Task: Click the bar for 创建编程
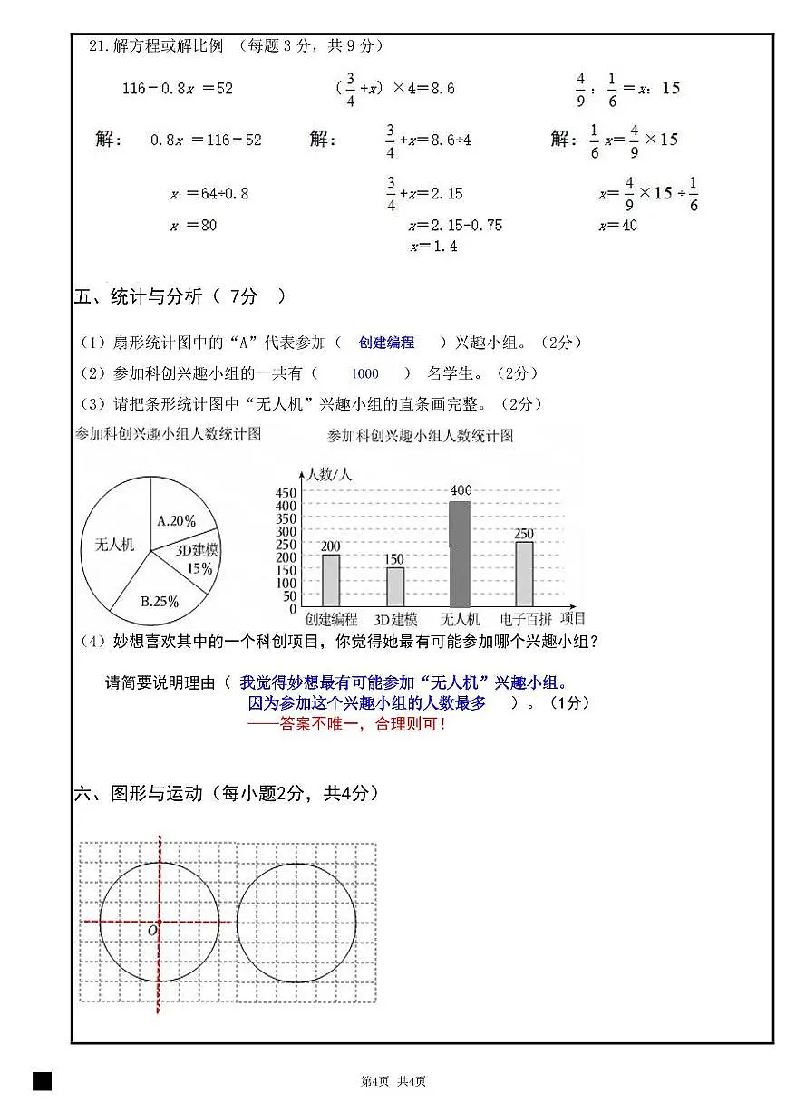click(331, 580)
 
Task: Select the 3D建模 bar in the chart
click(395, 586)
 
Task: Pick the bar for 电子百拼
click(524, 574)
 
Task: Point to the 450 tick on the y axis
click(286, 492)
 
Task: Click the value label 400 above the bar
click(461, 491)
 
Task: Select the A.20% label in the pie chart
click(176, 521)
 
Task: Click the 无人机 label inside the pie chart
click(114, 545)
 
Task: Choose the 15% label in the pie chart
click(199, 569)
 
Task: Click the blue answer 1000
click(364, 373)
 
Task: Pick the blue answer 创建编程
click(386, 343)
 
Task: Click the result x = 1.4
click(433, 247)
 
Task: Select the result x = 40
click(617, 225)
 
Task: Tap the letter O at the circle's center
click(152, 930)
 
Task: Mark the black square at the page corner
click(42, 1080)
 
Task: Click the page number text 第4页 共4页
click(393, 1081)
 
